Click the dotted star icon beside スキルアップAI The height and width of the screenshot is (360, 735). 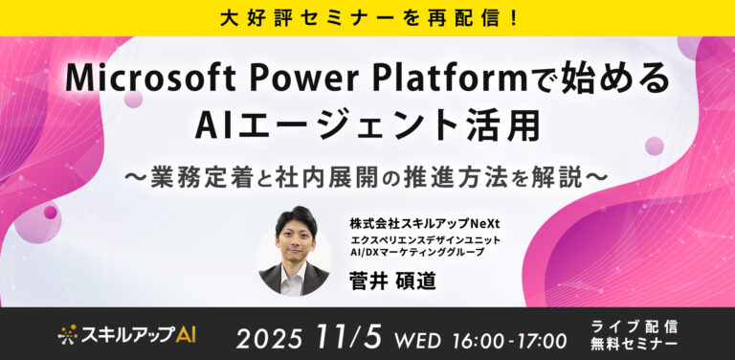(x=67, y=334)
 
